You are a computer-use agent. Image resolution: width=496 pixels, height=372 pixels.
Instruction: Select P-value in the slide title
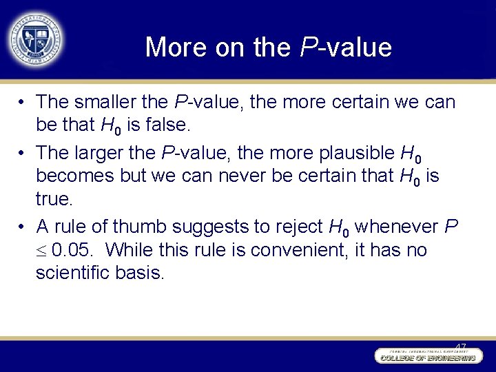[x=346, y=48]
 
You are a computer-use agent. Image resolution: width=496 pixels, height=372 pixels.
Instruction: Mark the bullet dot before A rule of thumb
[x=23, y=227]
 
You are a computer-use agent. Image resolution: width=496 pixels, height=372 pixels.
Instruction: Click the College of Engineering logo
[x=426, y=356]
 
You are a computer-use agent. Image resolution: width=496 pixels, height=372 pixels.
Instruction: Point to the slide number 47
[x=461, y=346]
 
